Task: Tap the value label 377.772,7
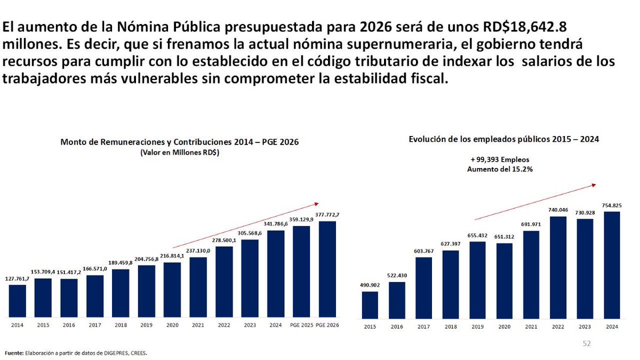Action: (327, 214)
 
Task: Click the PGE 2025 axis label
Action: (301, 324)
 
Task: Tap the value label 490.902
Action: (370, 285)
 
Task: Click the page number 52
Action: (587, 344)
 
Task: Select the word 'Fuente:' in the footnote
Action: (14, 353)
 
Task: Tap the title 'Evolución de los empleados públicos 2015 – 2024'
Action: (504, 139)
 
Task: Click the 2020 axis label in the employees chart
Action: (504, 326)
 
